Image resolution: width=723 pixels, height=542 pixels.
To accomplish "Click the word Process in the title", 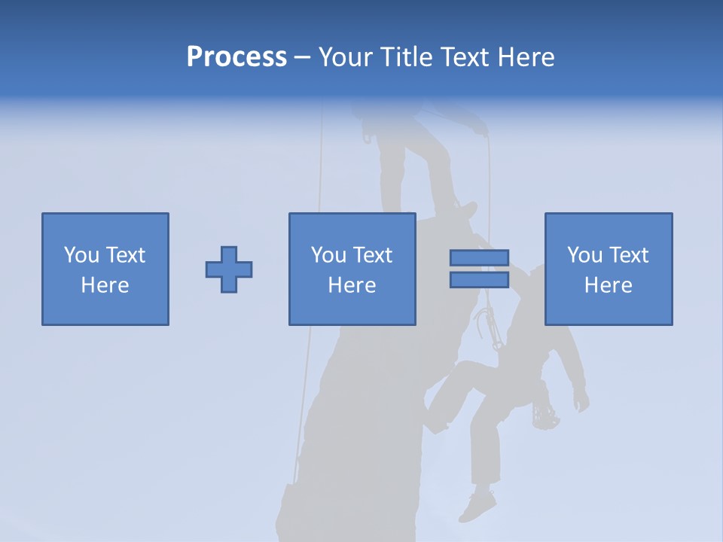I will tap(236, 57).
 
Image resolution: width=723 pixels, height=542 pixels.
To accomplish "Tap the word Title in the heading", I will tap(403, 57).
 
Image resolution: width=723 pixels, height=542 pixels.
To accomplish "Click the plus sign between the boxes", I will tap(229, 269).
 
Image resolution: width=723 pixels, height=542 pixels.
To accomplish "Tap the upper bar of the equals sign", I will tap(479, 258).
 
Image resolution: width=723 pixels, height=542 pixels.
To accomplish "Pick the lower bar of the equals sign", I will tap(479, 279).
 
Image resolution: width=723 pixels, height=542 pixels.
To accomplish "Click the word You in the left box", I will tap(81, 255).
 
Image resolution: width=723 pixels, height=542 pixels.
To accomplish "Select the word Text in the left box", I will tap(125, 255).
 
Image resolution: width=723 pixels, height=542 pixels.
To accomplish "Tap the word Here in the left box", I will tap(105, 285).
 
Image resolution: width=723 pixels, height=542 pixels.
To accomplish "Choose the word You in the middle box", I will tap(328, 255).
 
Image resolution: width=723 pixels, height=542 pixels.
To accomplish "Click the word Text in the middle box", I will tap(372, 255).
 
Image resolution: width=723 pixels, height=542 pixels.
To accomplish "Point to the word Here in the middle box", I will tap(352, 285).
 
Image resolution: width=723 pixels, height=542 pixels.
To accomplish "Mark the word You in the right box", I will tap(584, 255).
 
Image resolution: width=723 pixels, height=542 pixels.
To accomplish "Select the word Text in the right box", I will tap(628, 255).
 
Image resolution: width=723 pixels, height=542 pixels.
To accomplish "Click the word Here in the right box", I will tap(608, 285).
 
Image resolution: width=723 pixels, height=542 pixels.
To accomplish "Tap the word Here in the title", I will tap(526, 57).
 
